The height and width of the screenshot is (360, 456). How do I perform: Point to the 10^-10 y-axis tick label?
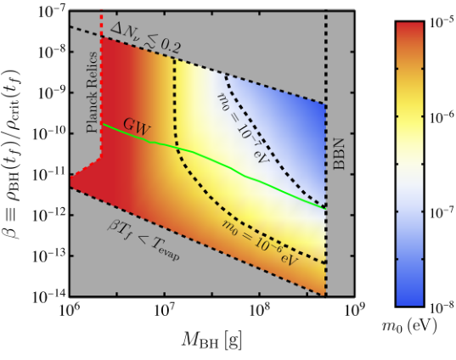[x=48, y=135]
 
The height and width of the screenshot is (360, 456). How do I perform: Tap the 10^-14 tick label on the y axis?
[x=48, y=297]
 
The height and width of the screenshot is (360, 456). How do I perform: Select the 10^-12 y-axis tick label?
[x=48, y=217]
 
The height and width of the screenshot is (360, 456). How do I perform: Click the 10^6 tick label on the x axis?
[x=69, y=311]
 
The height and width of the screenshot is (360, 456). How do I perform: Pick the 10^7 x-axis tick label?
[x=164, y=311]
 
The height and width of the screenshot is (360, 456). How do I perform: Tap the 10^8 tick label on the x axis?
[x=259, y=311]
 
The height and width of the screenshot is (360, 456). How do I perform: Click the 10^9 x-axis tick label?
[x=354, y=311]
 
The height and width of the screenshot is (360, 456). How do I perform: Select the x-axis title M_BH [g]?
[x=211, y=340]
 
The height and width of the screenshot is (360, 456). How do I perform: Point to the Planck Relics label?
[x=92, y=93]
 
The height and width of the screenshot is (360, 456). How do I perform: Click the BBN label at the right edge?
[x=339, y=155]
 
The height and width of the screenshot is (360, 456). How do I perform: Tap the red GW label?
[x=137, y=127]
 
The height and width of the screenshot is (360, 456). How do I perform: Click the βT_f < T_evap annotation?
[x=144, y=240]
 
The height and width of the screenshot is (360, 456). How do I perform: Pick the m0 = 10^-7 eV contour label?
[x=243, y=128]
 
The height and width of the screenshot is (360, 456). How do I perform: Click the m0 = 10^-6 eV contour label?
[x=260, y=242]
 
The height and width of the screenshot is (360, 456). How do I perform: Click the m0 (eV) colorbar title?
[x=409, y=326]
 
